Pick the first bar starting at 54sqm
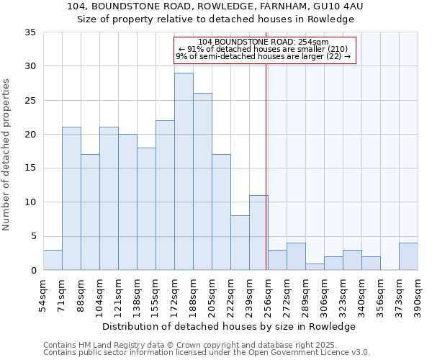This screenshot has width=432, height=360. (53, 260)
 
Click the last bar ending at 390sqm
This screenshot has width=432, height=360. (408, 257)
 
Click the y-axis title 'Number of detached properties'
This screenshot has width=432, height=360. (7, 155)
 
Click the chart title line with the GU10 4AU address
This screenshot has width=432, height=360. (216, 6)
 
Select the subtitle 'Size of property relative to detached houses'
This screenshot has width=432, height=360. (216, 19)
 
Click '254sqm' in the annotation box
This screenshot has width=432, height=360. (313, 42)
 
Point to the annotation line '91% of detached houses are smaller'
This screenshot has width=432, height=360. (263, 49)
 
